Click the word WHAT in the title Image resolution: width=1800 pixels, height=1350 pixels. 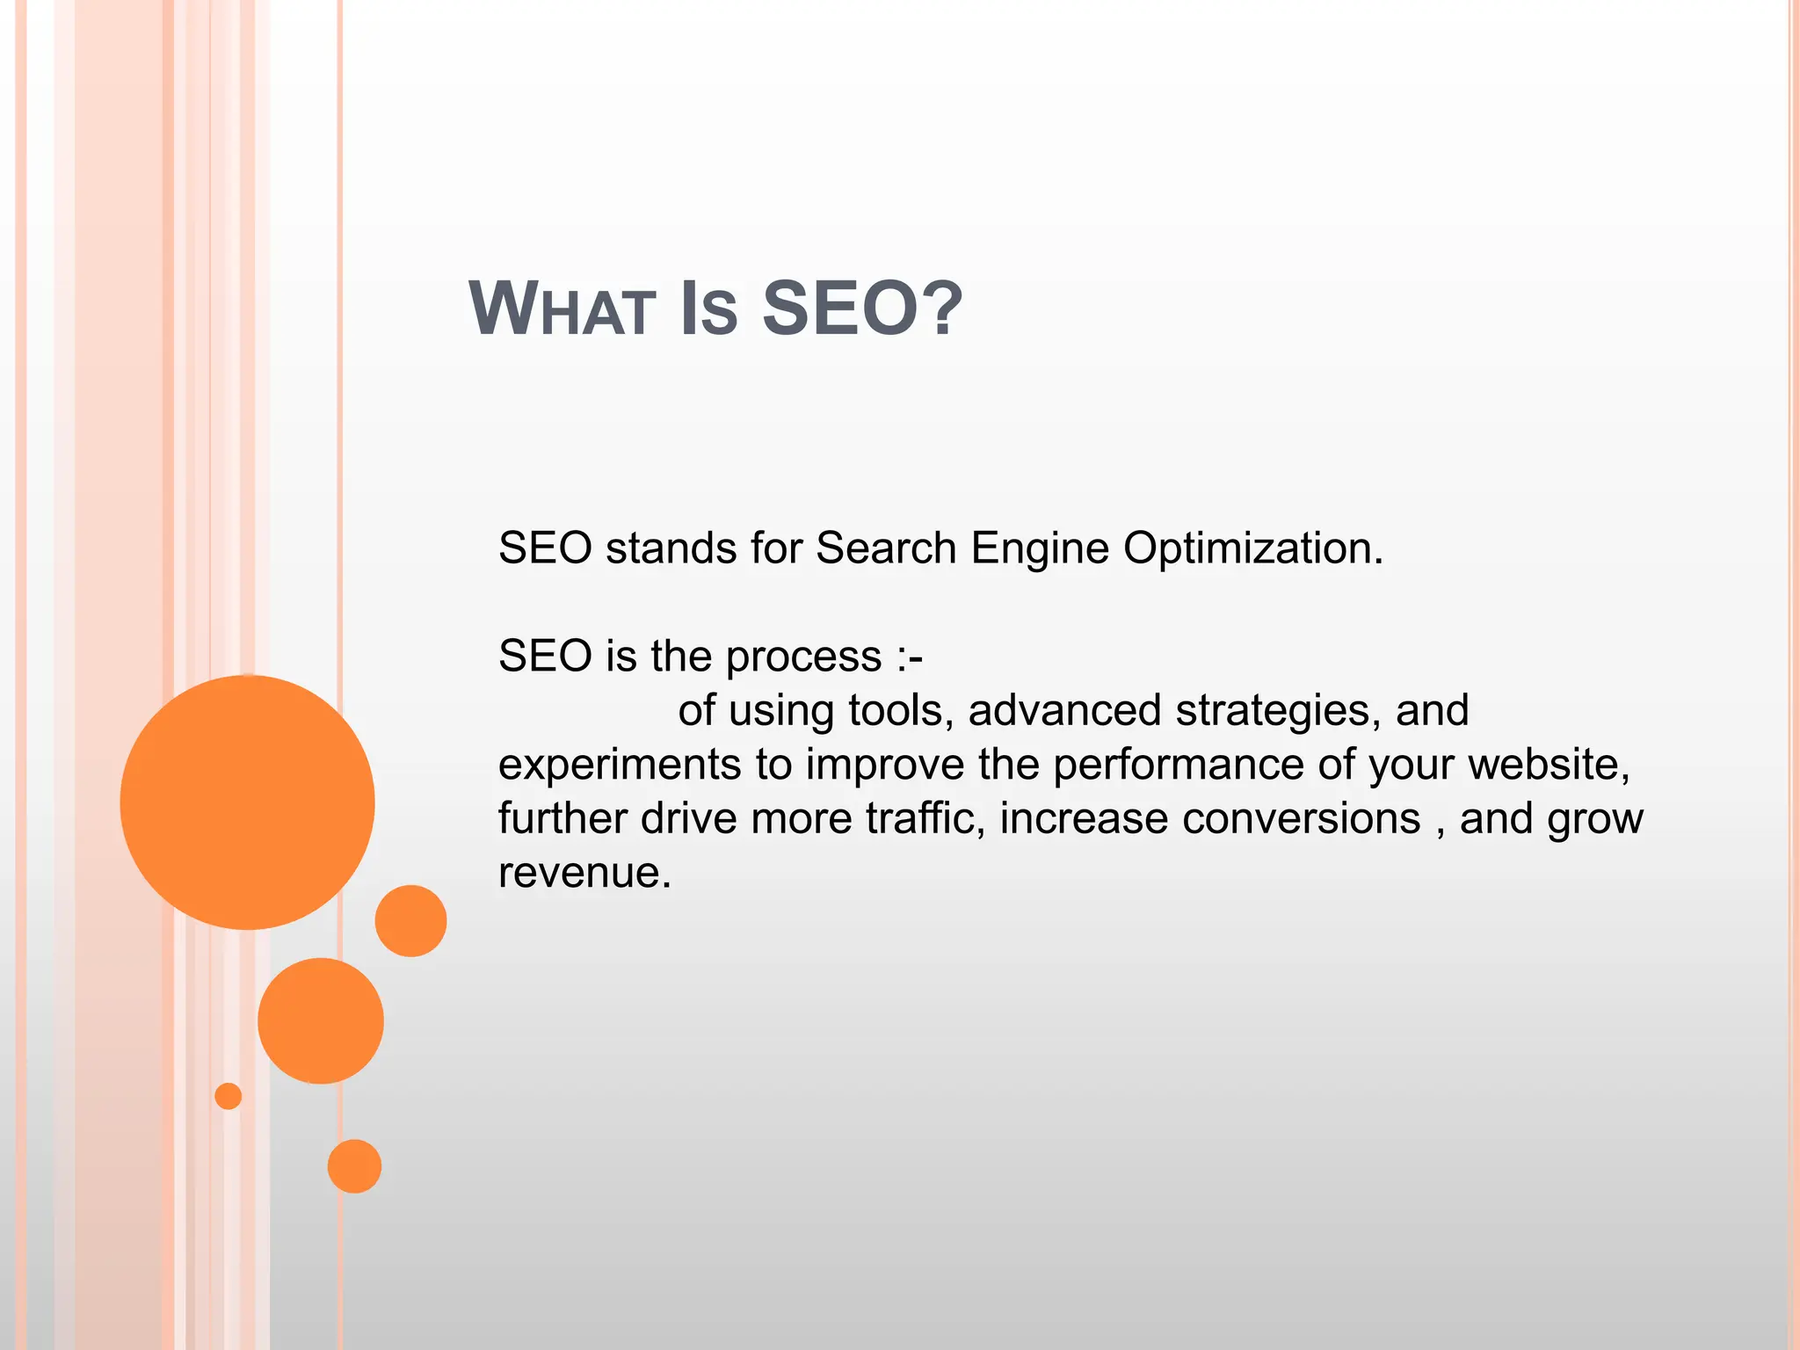(x=562, y=308)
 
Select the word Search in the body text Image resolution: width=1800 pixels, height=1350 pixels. (x=886, y=548)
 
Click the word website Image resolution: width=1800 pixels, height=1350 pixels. (x=1549, y=764)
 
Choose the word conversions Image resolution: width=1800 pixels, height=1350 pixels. (x=1301, y=818)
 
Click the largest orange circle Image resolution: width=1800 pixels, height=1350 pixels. (x=247, y=802)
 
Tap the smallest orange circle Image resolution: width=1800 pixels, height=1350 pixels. (x=228, y=1096)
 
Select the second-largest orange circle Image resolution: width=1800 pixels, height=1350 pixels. (x=321, y=1020)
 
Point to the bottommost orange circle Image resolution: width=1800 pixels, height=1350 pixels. (x=354, y=1166)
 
